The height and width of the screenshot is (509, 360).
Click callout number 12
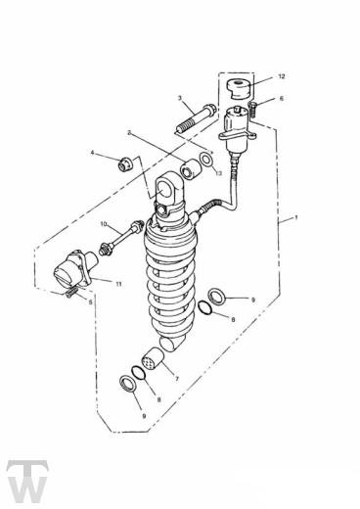point(282,76)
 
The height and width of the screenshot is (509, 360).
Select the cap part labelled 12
point(240,88)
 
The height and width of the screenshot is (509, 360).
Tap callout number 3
point(179,98)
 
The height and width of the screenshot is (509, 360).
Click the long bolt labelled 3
point(195,118)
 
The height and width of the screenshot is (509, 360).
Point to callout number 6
point(282,98)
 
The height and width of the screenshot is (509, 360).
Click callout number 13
point(218,173)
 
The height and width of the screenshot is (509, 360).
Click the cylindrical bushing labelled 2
point(191,168)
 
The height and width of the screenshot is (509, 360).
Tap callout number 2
point(129,133)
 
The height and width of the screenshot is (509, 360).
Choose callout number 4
point(92,153)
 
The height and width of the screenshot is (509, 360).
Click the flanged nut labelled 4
point(125,164)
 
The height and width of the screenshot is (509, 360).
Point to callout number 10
point(104,224)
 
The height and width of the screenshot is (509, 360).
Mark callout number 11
point(118,284)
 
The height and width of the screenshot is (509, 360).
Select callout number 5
point(91,302)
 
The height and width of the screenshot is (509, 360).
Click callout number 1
point(296,217)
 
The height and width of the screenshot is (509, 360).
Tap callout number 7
point(177,379)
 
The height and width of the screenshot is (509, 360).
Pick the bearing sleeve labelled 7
point(154,359)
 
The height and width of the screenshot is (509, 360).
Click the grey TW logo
point(27,482)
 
